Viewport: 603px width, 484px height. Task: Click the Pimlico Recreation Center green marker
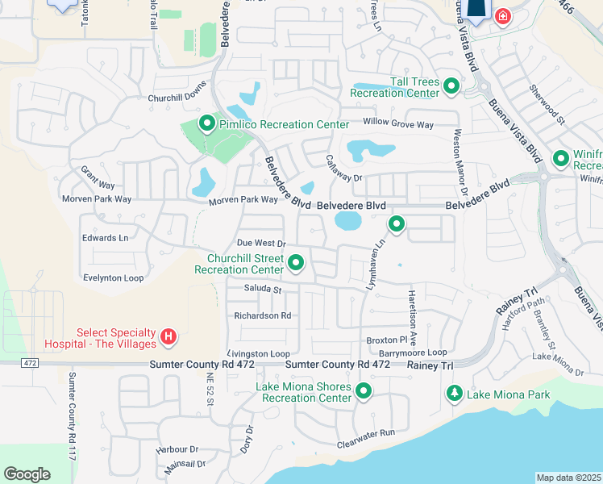pyautogui.click(x=207, y=124)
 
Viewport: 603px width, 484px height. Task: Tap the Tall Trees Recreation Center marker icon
pyautogui.click(x=451, y=86)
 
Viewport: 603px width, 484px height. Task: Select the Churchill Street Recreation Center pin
pyautogui.click(x=296, y=262)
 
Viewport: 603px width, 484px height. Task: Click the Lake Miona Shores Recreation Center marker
pyautogui.click(x=364, y=392)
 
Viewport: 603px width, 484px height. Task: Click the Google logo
pyautogui.click(x=27, y=474)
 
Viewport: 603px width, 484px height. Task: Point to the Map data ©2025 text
pyautogui.click(x=568, y=478)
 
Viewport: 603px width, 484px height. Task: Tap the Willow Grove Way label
pyautogui.click(x=398, y=125)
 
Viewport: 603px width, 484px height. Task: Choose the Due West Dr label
pyautogui.click(x=261, y=243)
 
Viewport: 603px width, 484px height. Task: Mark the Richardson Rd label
pyautogui.click(x=262, y=315)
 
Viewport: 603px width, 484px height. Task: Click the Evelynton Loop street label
pyautogui.click(x=113, y=277)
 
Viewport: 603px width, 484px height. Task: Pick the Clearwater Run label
pyautogui.click(x=366, y=432)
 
